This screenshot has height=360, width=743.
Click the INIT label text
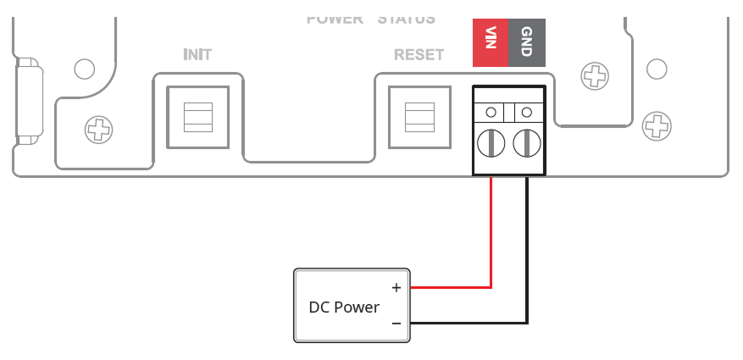tap(197, 55)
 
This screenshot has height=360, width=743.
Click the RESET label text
tap(419, 55)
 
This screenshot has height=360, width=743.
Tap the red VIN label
tap(490, 43)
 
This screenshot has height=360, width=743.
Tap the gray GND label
tap(526, 43)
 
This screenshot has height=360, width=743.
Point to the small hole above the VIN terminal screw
tap(491, 112)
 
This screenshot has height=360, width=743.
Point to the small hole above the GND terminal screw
tap(526, 112)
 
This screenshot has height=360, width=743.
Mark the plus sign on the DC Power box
tap(396, 288)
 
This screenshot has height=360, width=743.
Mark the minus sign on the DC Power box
tap(396, 324)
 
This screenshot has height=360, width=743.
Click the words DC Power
tap(344, 307)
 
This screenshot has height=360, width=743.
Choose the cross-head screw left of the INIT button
tap(99, 130)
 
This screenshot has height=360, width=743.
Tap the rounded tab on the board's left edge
tap(28, 100)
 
